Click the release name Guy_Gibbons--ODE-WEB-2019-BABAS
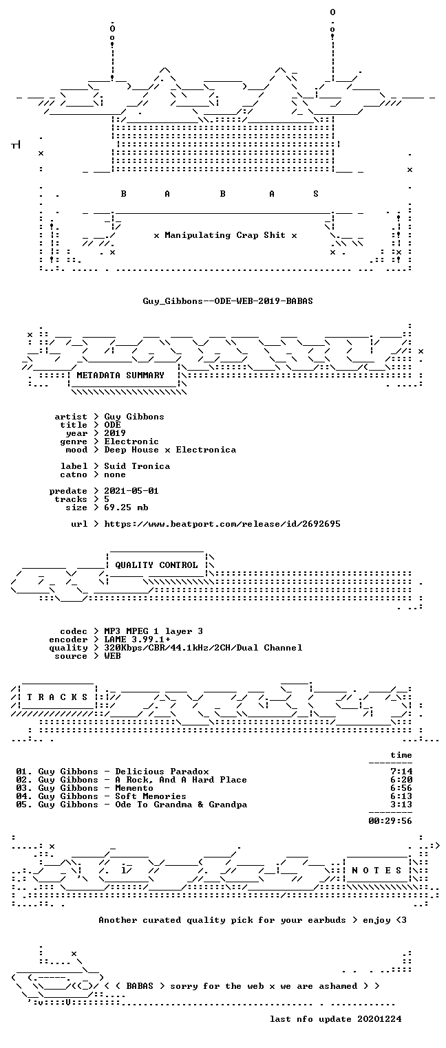pyautogui.click(x=228, y=301)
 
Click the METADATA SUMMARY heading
pyautogui.click(x=120, y=375)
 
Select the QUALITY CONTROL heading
pyautogui.click(x=156, y=565)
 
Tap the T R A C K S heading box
pyautogui.click(x=57, y=697)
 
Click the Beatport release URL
pyautogui.click(x=222, y=524)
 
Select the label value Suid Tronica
pyautogui.click(x=137, y=466)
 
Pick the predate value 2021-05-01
pyautogui.click(x=131, y=491)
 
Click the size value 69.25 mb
pyautogui.click(x=126, y=507)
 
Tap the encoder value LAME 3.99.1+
pyautogui.click(x=137, y=640)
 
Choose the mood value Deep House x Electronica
pyautogui.click(x=170, y=450)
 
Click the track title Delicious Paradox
pyautogui.click(x=162, y=772)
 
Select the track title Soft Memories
pyautogui.click(x=151, y=796)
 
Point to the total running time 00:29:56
pyautogui.click(x=390, y=820)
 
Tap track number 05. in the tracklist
pyautogui.click(x=24, y=805)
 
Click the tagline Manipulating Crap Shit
pyautogui.click(x=225, y=235)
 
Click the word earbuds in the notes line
pyautogui.click(x=326, y=920)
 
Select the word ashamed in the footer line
pyautogui.click(x=338, y=986)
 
